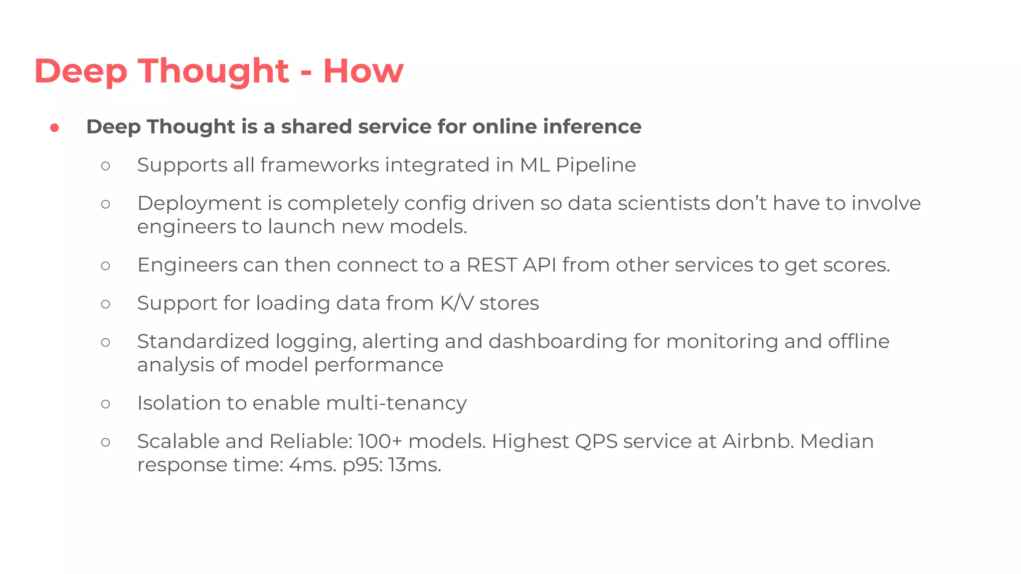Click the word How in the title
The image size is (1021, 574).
tap(363, 71)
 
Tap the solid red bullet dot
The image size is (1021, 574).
tap(55, 128)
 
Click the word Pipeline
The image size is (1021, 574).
tap(596, 165)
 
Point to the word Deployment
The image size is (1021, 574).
tap(199, 204)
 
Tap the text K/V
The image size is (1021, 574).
tap(456, 303)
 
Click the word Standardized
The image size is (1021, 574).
tap(203, 342)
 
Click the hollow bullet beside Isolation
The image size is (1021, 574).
tap(105, 404)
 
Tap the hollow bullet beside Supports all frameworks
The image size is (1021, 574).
tap(105, 166)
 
